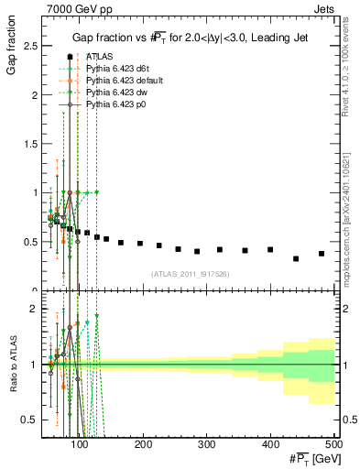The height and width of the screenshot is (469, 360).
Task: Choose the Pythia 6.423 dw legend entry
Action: pyautogui.click(x=115, y=93)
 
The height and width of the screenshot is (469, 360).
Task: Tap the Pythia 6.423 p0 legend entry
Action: pyautogui.click(x=115, y=105)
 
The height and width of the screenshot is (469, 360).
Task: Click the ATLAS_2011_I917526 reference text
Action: pyautogui.click(x=190, y=273)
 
